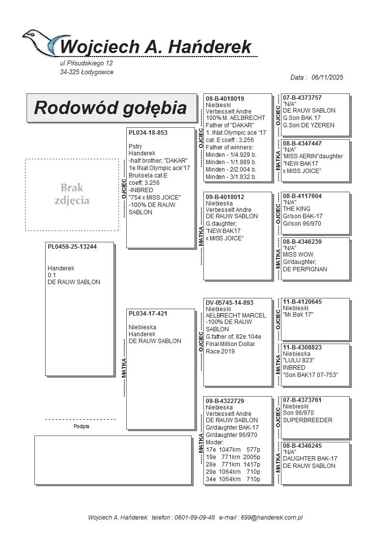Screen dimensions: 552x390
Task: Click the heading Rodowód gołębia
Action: tap(110, 108)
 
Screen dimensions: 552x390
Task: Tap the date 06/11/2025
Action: tap(327, 77)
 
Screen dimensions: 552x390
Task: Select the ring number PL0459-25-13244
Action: tap(72, 247)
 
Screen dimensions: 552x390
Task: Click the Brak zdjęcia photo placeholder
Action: tap(72, 194)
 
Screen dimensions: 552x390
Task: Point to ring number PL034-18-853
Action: tap(148, 133)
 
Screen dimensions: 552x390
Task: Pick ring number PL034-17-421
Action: tap(148, 314)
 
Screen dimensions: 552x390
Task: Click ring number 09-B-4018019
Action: tap(225, 98)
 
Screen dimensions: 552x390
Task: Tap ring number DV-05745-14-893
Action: tap(230, 303)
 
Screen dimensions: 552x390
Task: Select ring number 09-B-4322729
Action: tap(225, 401)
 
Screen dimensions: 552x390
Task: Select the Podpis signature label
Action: tap(81, 426)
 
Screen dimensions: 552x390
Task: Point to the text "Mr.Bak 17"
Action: tap(298, 315)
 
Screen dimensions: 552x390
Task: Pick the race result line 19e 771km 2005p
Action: tap(233, 457)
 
